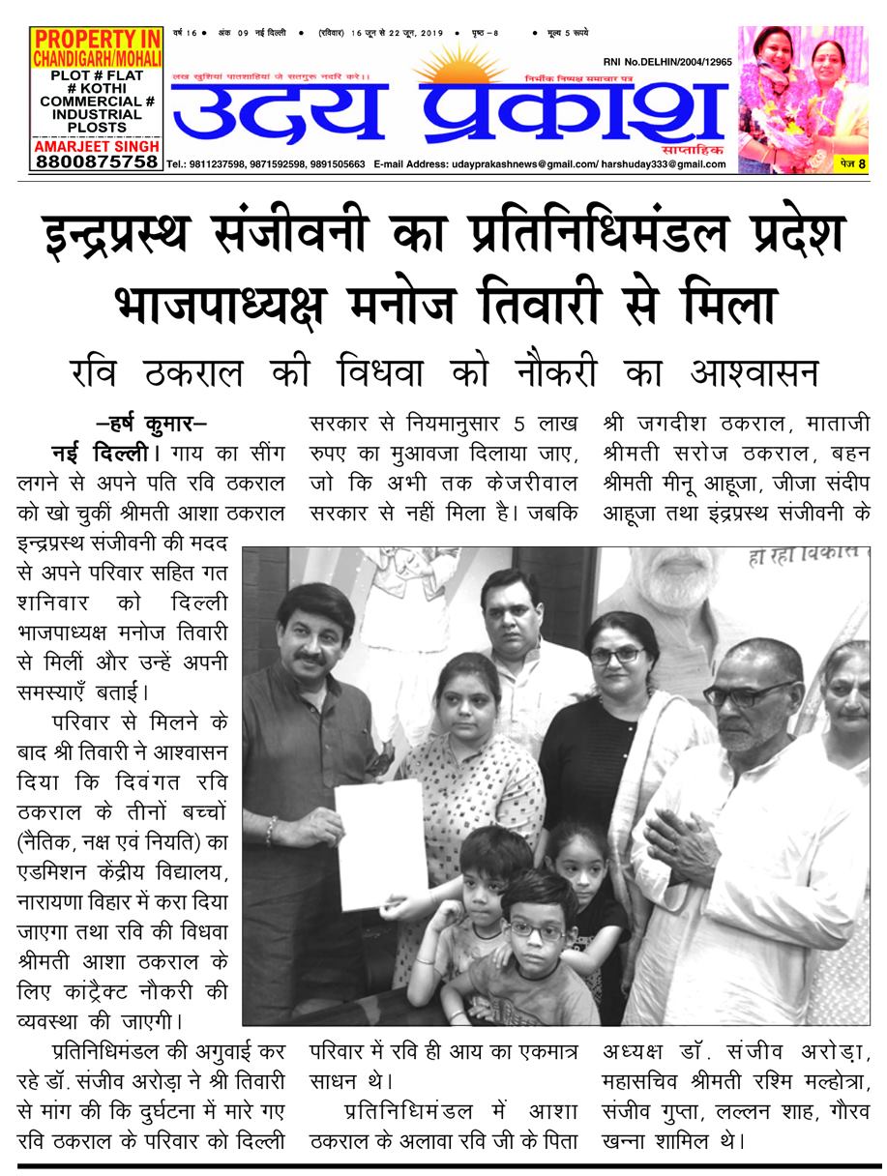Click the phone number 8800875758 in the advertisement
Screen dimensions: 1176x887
(95, 162)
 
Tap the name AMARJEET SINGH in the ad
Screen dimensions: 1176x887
(95, 144)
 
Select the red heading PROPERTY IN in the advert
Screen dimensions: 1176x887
(95, 40)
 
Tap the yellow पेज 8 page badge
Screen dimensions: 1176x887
(852, 164)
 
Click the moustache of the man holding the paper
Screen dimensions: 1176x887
(311, 661)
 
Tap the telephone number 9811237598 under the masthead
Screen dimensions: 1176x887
(222, 164)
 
